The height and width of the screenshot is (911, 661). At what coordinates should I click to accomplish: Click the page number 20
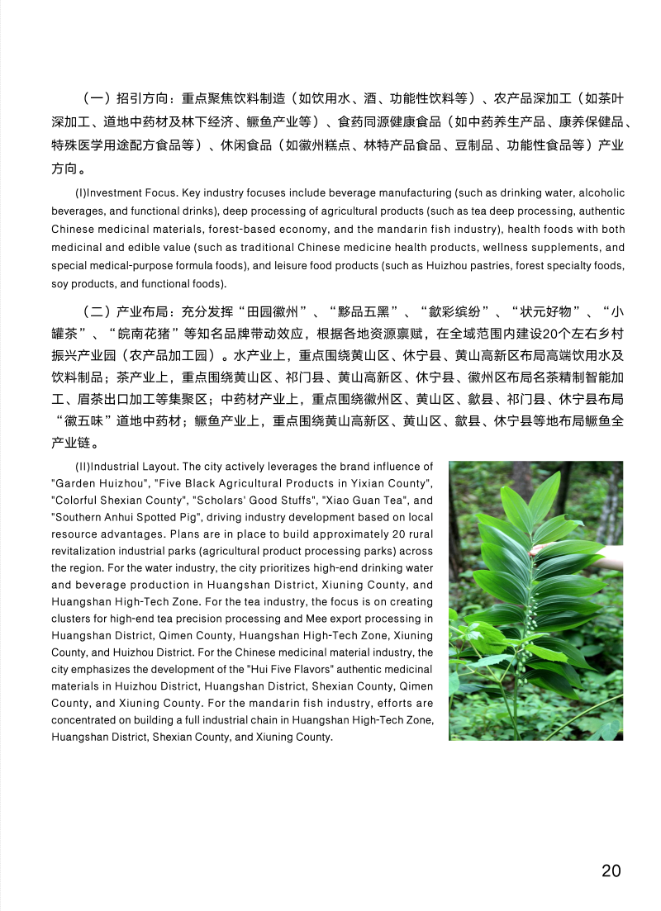(x=611, y=871)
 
